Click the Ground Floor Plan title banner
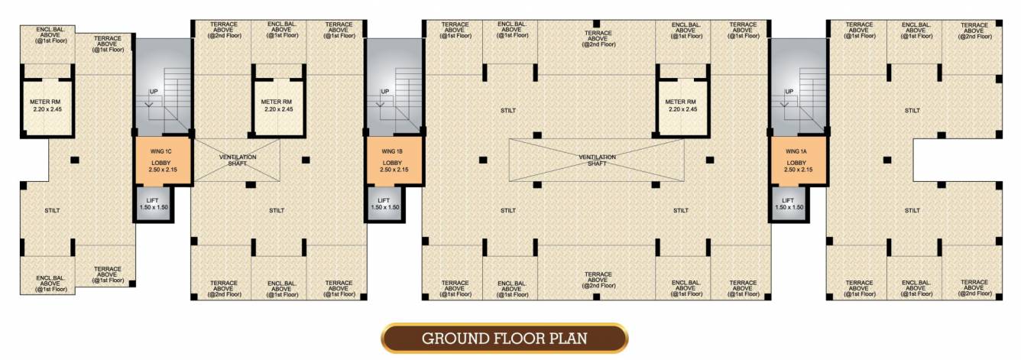[x=504, y=338]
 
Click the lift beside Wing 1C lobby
[x=152, y=204]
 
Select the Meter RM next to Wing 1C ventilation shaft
[x=279, y=105]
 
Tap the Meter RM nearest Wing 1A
[x=682, y=105]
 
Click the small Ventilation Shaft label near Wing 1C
[x=237, y=161]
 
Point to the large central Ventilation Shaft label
[x=597, y=161]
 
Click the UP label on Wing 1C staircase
[x=154, y=92]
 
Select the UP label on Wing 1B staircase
[x=384, y=92]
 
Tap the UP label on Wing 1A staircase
[x=789, y=92]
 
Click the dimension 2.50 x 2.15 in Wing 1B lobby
[x=393, y=170]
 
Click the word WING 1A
[x=797, y=151]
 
